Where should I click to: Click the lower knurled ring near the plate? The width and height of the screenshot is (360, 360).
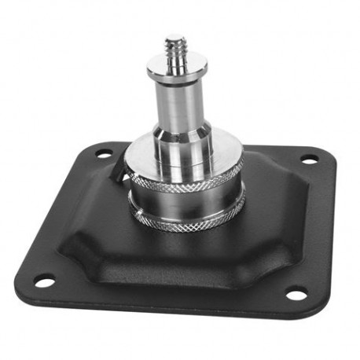click(189, 223)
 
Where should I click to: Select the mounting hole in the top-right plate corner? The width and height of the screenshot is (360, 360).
click(310, 159)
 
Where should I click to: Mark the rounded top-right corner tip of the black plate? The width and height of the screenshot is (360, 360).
click(331, 153)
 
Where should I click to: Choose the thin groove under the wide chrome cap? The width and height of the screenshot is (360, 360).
click(186, 170)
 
